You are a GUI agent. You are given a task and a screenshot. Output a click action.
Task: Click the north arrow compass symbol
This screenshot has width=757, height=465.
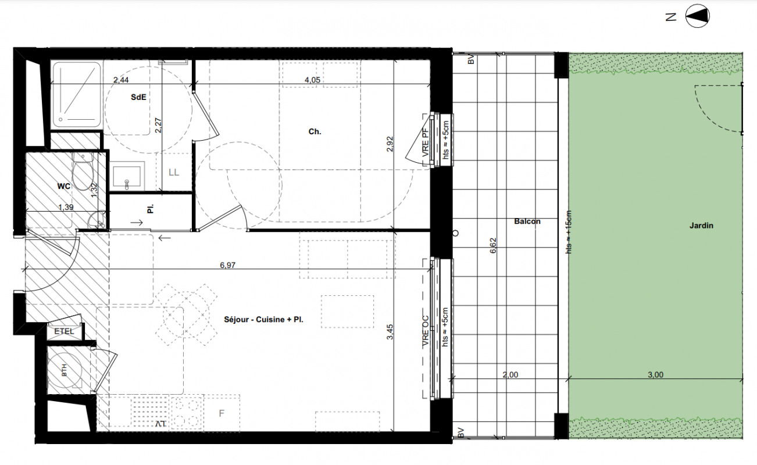698,16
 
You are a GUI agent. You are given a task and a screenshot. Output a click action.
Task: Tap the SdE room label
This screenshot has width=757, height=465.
138,97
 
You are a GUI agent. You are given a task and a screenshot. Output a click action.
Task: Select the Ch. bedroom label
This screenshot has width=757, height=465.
315,131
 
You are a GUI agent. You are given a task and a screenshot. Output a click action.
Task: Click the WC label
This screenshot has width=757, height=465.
64,186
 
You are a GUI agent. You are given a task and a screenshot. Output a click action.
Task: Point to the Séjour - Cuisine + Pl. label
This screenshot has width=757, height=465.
263,319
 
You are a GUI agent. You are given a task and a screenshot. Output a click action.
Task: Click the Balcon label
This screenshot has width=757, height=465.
527,221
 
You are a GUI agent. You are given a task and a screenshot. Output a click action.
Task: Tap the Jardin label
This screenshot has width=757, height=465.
701,226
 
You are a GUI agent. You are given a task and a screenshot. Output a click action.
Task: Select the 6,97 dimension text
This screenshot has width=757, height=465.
227,265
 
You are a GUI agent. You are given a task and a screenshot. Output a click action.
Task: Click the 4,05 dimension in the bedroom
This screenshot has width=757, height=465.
312,80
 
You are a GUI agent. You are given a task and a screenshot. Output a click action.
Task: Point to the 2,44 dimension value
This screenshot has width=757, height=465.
121,80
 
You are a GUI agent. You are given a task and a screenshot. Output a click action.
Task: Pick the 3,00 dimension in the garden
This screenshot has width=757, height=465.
655,374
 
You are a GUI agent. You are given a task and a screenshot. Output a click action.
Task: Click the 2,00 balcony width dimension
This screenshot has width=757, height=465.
510,374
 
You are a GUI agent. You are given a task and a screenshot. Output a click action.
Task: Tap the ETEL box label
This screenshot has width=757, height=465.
64,331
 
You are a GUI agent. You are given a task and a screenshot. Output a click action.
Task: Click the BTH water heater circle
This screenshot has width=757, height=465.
64,370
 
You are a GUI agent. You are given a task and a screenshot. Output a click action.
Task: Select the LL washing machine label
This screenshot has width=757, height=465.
174,173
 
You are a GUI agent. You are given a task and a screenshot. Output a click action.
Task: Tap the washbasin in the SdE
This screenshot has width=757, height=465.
127,176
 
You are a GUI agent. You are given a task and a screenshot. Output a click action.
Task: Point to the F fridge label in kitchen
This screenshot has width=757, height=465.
222,413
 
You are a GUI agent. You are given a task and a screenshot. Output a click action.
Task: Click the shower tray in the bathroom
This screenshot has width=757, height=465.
76,95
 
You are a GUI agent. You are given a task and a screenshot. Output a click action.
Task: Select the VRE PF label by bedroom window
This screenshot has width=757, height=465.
426,142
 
